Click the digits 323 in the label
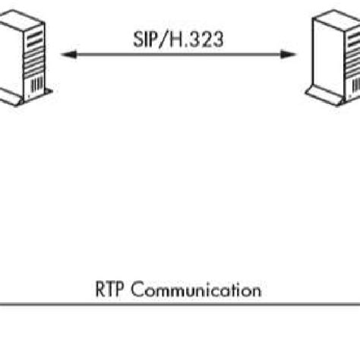pyautogui.click(x=208, y=39)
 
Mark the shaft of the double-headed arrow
pyautogui.click(x=181, y=54)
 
